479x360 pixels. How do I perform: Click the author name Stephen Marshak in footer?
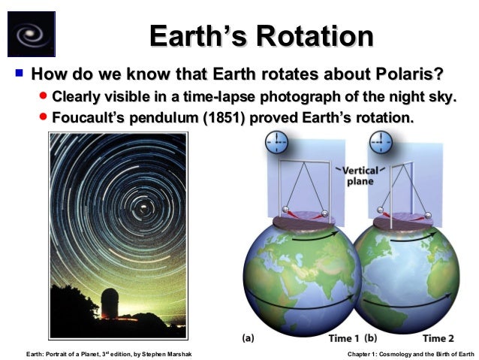(x=167, y=353)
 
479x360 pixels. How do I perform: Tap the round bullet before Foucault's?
(x=44, y=118)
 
